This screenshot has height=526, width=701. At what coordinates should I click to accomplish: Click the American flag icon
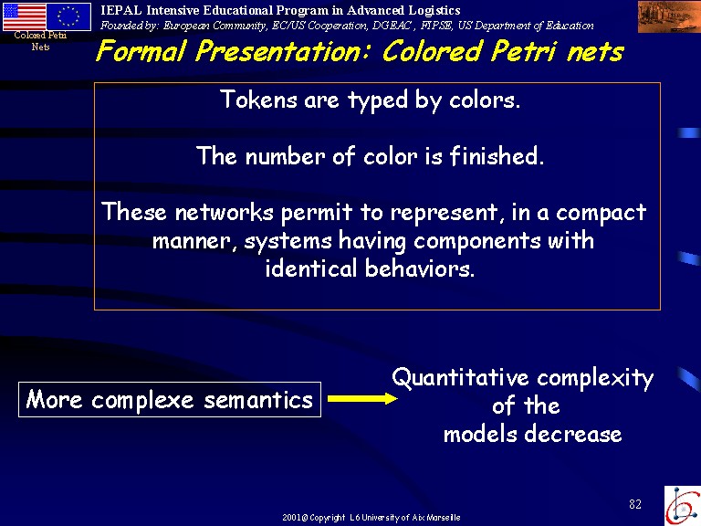point(24,16)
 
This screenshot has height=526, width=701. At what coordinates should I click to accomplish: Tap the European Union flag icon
point(68,16)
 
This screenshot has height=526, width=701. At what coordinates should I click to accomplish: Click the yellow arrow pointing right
point(362,398)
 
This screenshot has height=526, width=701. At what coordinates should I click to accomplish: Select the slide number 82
point(635,504)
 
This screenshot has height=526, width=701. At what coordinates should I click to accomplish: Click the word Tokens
point(258,100)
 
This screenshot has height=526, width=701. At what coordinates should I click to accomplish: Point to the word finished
point(497,155)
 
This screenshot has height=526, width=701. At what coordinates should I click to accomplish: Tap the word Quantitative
point(460,377)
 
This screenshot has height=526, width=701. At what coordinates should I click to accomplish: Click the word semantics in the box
point(258,400)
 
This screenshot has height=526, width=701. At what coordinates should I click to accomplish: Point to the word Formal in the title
point(141,50)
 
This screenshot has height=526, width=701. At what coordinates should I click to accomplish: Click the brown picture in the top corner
point(669,16)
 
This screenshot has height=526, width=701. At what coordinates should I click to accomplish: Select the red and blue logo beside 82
point(683,506)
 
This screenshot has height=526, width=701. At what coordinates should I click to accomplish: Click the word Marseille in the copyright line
point(444,518)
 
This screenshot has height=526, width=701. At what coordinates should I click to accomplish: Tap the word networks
point(224,212)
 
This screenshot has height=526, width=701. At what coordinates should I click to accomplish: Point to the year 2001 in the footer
point(291,518)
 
